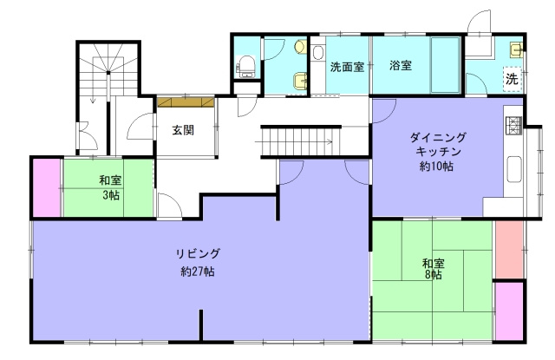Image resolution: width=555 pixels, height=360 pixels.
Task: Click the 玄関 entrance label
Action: pos(182,130)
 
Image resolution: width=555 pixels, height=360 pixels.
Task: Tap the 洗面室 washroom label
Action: pos(347,65)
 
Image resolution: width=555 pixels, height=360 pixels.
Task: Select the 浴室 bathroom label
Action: pos(400,65)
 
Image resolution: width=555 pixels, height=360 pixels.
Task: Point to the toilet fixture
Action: pos(245,63)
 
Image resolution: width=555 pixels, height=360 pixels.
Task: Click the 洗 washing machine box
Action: pos(513,78)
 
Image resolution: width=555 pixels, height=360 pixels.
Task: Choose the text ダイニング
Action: pos(438,138)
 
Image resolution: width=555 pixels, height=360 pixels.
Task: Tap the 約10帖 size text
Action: pos(437,165)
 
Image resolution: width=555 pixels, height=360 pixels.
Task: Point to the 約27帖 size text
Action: pos(198,271)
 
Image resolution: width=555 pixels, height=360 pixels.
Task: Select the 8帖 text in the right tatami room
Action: pos(434,275)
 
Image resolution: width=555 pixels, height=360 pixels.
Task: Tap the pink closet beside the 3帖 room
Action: pos(46,187)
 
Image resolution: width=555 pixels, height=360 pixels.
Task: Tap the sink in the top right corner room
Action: pos(515,48)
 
